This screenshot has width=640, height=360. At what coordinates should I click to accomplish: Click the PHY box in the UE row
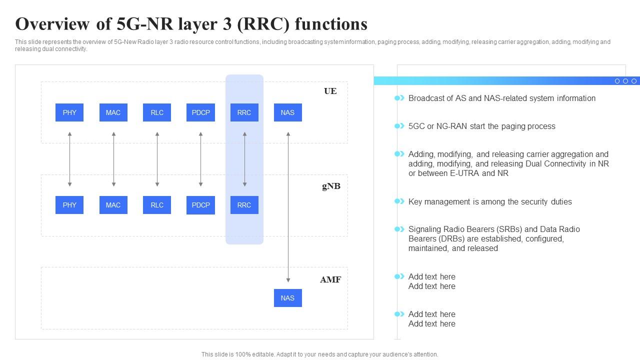(x=69, y=112)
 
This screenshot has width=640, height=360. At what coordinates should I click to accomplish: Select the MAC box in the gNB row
(x=113, y=205)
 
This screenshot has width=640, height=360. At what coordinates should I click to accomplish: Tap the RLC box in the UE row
(x=157, y=112)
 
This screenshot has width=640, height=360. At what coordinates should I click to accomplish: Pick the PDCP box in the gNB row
(x=200, y=205)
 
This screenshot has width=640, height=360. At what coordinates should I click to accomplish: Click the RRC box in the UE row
(x=244, y=112)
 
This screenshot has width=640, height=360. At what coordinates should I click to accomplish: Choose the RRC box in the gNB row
(x=244, y=205)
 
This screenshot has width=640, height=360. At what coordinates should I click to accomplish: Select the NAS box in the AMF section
(x=287, y=298)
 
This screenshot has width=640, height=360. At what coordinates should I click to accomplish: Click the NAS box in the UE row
(x=287, y=112)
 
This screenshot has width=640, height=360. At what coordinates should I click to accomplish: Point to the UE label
(x=330, y=91)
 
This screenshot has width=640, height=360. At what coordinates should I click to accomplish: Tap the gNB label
(x=331, y=186)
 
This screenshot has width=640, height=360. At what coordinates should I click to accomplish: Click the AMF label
(x=330, y=279)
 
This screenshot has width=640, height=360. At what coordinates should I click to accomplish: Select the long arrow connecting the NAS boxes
(x=288, y=207)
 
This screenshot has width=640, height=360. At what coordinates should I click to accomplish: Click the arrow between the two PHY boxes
(x=69, y=159)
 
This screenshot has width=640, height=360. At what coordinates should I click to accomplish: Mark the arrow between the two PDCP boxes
(x=200, y=159)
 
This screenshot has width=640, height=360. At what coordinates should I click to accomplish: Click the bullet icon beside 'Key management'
(x=399, y=201)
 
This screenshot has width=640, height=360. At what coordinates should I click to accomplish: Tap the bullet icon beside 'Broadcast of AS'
(x=399, y=98)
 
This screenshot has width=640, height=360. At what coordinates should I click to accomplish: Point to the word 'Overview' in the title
(x=52, y=24)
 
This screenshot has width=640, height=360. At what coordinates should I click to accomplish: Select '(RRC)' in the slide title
(x=263, y=24)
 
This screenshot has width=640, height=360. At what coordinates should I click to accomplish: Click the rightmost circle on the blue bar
(x=633, y=81)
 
